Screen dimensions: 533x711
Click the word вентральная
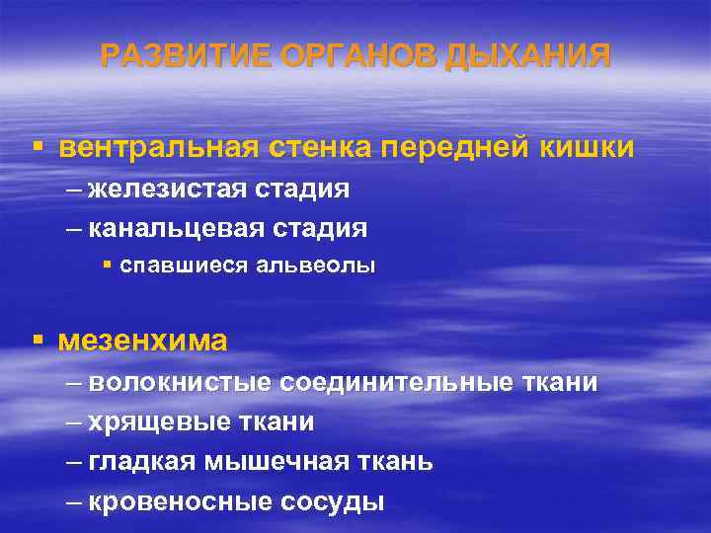pos(157,147)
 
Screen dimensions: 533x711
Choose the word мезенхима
pos(143,341)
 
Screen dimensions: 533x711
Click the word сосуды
pos(333,501)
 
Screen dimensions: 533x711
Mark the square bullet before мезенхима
pos(37,340)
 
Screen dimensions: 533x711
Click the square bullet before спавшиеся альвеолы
pos(108,266)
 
